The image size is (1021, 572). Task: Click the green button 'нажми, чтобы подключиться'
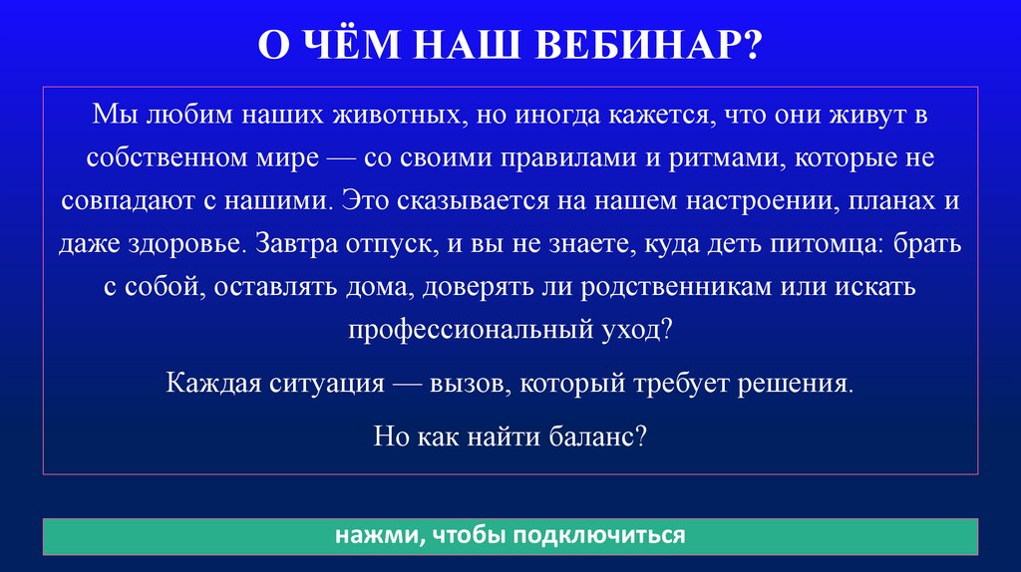(510, 536)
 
